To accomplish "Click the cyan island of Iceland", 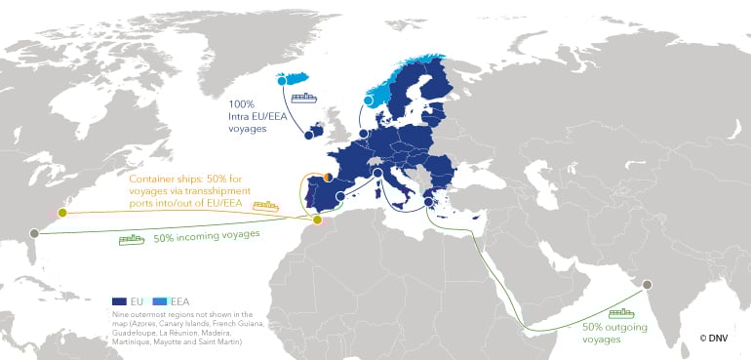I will [293, 79].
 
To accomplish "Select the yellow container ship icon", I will [265, 206].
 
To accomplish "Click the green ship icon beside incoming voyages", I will [131, 238].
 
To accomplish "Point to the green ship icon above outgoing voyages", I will [621, 313].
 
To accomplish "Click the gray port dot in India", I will [646, 284].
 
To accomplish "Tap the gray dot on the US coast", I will [34, 232].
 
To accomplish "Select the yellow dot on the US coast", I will [62, 212].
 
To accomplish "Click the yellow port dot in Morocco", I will [317, 220].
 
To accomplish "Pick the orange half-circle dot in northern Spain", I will [328, 178].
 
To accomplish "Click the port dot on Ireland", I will [308, 136].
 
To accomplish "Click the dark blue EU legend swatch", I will [120, 300].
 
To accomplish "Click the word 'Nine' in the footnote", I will [120, 314].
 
